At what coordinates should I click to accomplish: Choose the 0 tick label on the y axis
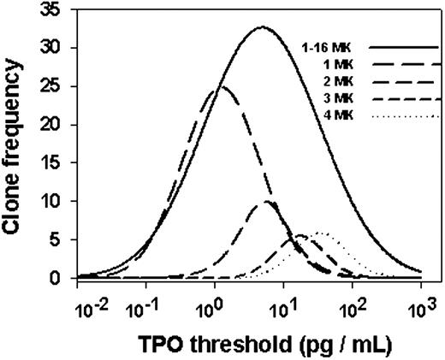(61, 279)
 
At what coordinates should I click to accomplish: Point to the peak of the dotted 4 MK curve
(322, 233)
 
